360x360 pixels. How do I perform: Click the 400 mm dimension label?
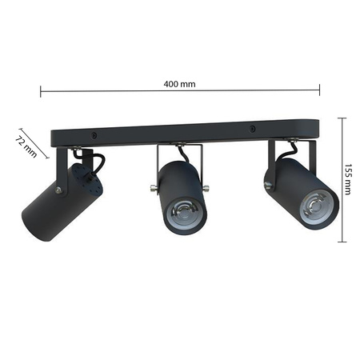[x=180, y=83]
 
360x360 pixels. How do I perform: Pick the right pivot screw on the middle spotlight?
[x=207, y=189]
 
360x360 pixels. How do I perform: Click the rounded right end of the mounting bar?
[x=314, y=128]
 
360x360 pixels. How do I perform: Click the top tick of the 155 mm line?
[x=342, y=118]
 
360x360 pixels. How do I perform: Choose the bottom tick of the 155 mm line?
[x=342, y=241]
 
